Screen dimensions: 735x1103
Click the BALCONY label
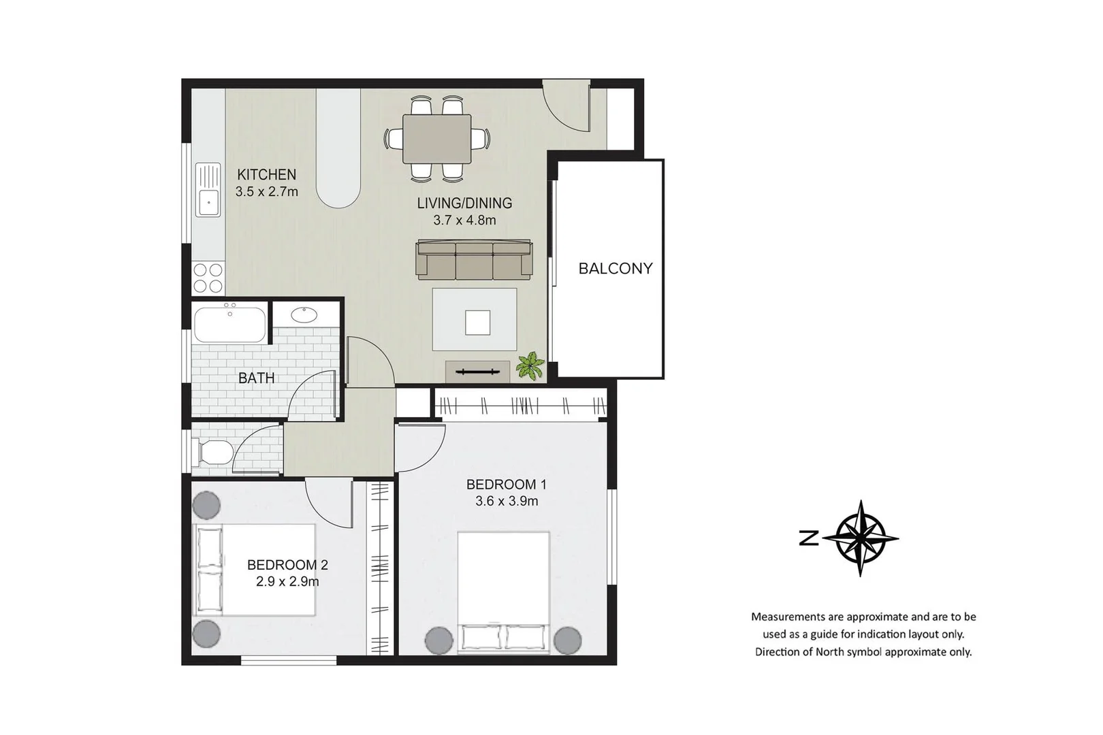point(615,268)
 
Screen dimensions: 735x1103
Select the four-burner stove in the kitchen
point(208,278)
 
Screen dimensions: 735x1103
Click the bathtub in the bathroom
point(230,325)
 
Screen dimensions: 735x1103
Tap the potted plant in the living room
point(530,366)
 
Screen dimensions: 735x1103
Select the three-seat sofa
point(474,259)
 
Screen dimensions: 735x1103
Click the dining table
point(436,139)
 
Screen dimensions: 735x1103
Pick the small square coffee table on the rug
point(477,323)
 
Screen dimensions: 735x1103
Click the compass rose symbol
point(860,538)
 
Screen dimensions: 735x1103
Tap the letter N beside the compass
point(809,539)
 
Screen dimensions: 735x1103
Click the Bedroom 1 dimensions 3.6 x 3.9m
point(506,502)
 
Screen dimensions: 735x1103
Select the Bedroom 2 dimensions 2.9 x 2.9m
point(287,582)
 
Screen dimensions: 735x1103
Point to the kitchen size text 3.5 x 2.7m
point(266,192)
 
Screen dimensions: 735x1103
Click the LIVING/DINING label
point(464,203)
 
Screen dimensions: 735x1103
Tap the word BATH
point(256,378)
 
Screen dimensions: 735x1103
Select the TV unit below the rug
point(477,372)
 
